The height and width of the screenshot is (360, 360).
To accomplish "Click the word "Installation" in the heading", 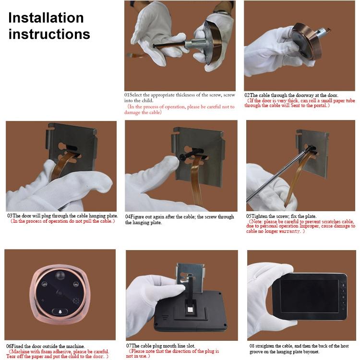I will click(46, 18).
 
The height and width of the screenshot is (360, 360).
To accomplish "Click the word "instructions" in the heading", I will click(49, 35).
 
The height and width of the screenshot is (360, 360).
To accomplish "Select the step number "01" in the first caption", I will click(127, 95).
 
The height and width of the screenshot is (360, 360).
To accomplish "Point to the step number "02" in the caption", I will click(247, 95).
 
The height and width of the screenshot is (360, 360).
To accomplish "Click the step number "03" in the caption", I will click(9, 216).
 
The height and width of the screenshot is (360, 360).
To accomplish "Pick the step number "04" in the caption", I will click(128, 217).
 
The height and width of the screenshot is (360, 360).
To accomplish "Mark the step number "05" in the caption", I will click(249, 216).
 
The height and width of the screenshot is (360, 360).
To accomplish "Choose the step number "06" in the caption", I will click(9, 346).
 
